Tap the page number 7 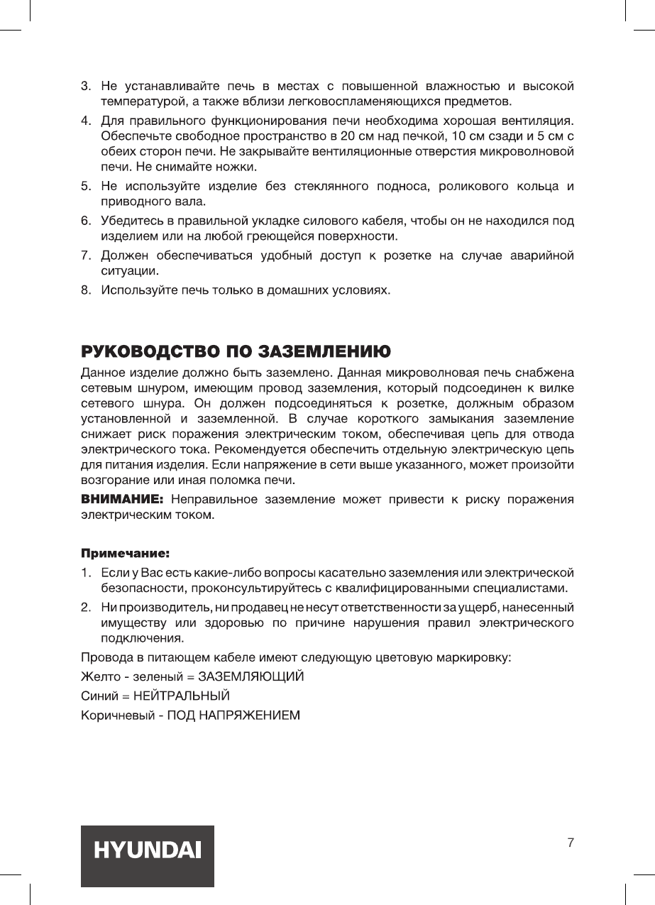pos(571,843)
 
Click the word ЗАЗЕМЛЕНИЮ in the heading pos(323,351)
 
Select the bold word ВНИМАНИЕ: pos(123,500)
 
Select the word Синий pos(97,694)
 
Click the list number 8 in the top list pos(85,290)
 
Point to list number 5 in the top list pos(85,187)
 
